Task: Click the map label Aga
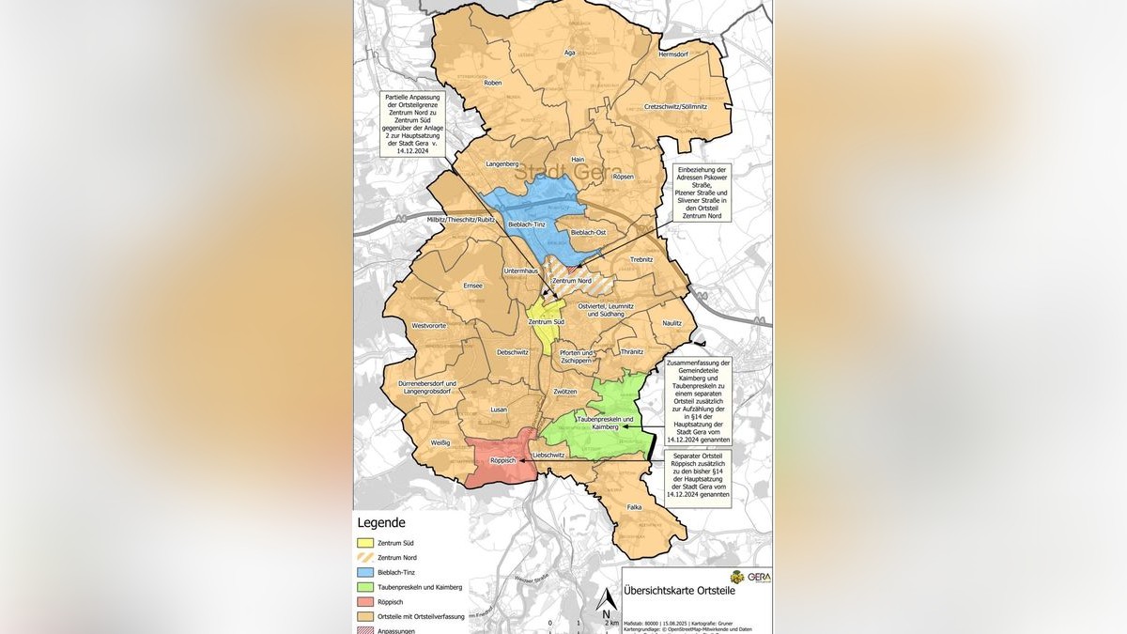(569, 53)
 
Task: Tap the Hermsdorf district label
(673, 54)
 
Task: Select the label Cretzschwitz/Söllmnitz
(675, 106)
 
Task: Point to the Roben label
(492, 83)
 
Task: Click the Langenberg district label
(502, 163)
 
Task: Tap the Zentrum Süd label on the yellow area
(546, 322)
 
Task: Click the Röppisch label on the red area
(502, 460)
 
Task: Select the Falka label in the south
(634, 507)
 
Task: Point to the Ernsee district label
(472, 286)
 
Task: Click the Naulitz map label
(672, 322)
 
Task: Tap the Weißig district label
(440, 441)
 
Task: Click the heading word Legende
(381, 523)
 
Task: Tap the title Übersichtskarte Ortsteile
(680, 591)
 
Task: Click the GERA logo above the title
(750, 577)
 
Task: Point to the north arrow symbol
(606, 599)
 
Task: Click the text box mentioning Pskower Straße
(701, 193)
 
